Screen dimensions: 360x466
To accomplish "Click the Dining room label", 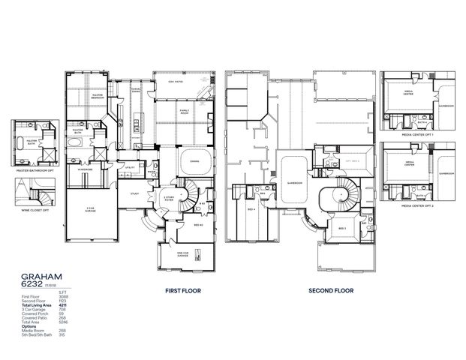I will pyautogui.click(x=194, y=160).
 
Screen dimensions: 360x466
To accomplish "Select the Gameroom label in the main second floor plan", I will pyautogui.click(x=293, y=182).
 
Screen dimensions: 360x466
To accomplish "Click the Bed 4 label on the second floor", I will pyautogui.click(x=251, y=209).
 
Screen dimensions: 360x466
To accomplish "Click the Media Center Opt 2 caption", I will pyautogui.click(x=417, y=205).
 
